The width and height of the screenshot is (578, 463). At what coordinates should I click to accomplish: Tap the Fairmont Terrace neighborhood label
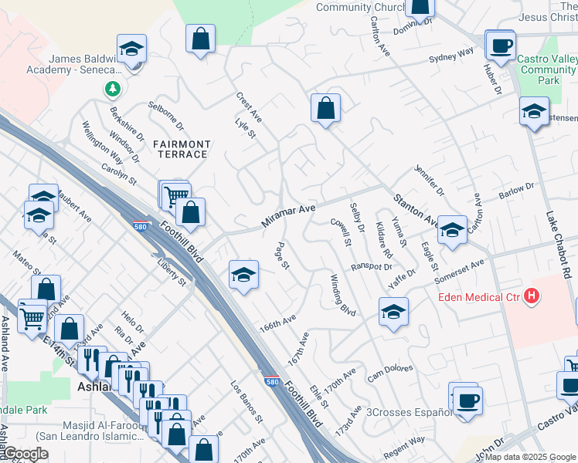pyautogui.click(x=181, y=149)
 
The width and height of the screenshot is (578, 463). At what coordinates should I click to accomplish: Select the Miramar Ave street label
pyautogui.click(x=289, y=215)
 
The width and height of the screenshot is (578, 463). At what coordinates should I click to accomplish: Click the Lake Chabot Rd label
pyautogui.click(x=560, y=245)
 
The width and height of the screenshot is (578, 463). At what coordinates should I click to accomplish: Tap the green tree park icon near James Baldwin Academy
pyautogui.click(x=113, y=90)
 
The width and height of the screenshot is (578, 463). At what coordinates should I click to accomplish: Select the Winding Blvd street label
pyautogui.click(x=342, y=295)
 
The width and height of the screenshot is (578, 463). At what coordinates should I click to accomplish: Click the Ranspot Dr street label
pyautogui.click(x=372, y=267)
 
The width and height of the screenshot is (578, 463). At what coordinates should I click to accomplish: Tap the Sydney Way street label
pyautogui.click(x=451, y=56)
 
